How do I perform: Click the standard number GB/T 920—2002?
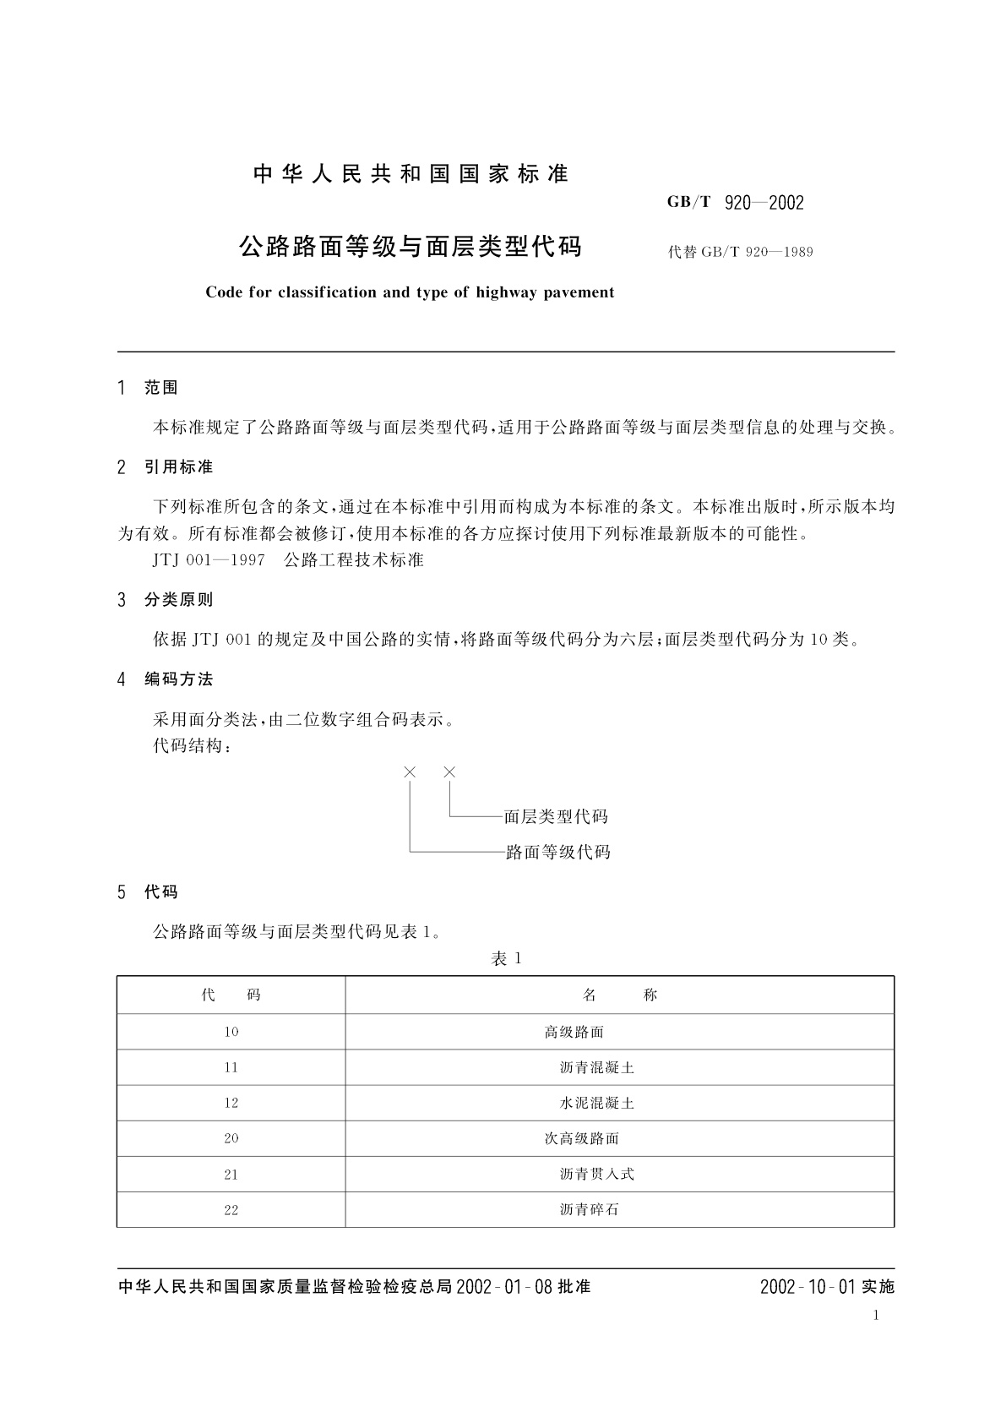click(x=735, y=203)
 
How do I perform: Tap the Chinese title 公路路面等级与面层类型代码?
click(x=411, y=247)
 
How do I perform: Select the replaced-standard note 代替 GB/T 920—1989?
click(x=740, y=252)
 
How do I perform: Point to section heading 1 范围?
click(x=149, y=388)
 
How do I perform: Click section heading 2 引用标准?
click(x=166, y=467)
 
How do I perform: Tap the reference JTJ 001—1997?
click(x=209, y=560)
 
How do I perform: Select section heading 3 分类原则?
click(x=166, y=600)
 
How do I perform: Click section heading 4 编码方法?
click(x=166, y=679)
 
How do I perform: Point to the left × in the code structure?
click(x=411, y=772)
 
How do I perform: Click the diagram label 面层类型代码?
click(x=556, y=817)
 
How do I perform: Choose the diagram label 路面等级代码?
click(x=557, y=853)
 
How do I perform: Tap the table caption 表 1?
click(x=507, y=959)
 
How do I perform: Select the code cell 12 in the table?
click(x=231, y=1104)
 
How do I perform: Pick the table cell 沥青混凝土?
click(x=596, y=1068)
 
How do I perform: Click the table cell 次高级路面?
click(x=581, y=1139)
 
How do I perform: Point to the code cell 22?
click(x=231, y=1210)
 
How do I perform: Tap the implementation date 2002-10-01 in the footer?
click(x=808, y=1287)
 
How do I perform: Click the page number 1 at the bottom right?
click(x=876, y=1316)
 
